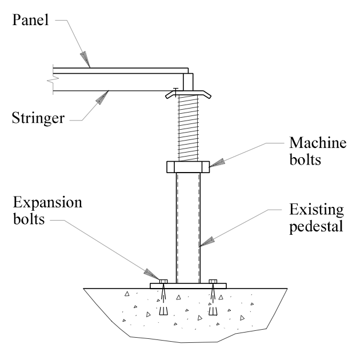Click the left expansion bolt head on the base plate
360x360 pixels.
coord(163,281)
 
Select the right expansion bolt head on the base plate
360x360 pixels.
coord(214,281)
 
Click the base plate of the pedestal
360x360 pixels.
coord(188,286)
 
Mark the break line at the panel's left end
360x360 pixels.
coord(52,80)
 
